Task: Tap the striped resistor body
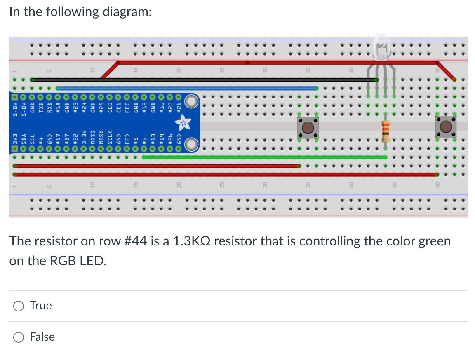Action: click(386, 131)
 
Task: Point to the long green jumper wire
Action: click(264, 157)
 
